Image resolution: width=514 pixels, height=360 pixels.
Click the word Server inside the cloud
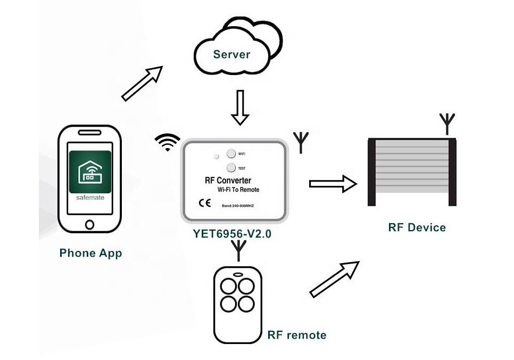point(231,54)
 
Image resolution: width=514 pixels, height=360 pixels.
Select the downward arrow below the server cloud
point(240,108)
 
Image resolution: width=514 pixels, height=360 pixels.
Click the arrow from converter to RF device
point(333,184)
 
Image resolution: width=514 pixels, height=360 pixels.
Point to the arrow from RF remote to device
point(335,279)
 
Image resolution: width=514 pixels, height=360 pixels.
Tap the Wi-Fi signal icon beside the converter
point(168,142)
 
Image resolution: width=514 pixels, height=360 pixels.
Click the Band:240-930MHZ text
point(238,205)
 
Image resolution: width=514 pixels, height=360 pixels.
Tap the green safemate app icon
point(90,172)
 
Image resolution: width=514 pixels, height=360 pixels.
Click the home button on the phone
point(89,224)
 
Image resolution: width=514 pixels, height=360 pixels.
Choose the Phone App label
point(90,253)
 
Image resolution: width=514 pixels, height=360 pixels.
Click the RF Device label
point(417,227)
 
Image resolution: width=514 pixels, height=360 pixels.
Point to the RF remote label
point(296,335)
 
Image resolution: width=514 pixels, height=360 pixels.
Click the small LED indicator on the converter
point(215,157)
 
